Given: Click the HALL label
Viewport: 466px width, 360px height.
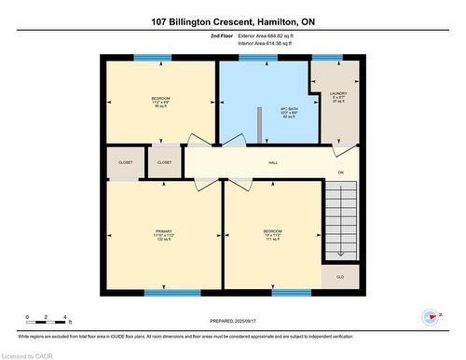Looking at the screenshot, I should tap(273, 162).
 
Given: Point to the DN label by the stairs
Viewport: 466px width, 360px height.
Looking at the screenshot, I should tap(341, 173).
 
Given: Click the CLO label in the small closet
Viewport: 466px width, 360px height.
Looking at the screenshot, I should tap(339, 277).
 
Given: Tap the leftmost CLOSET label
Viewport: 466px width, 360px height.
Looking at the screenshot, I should tap(125, 162).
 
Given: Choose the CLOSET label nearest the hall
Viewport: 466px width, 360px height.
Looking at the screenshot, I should tap(164, 162).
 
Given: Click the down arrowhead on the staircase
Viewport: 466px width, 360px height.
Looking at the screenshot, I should tap(341, 253).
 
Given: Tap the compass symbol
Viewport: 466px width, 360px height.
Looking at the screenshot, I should tap(430, 317).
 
